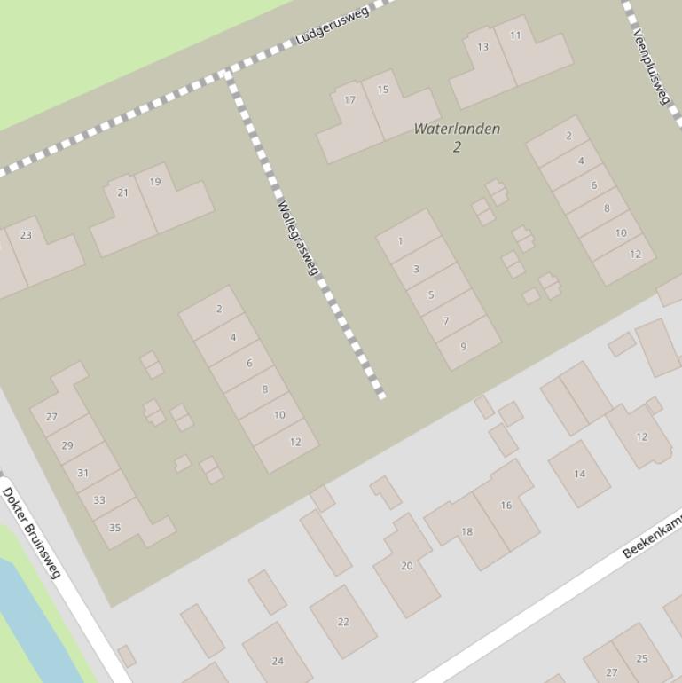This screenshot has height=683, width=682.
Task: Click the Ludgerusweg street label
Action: pyautogui.click(x=333, y=25)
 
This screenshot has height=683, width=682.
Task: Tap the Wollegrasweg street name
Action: pyautogui.click(x=297, y=238)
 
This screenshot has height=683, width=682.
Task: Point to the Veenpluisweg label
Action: pyautogui.click(x=651, y=66)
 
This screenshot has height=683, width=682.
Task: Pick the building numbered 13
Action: pyautogui.click(x=482, y=48)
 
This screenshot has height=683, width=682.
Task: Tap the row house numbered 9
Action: pyautogui.click(x=463, y=347)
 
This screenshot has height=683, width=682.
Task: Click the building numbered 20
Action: pyautogui.click(x=406, y=566)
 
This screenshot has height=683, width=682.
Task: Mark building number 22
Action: pyautogui.click(x=343, y=622)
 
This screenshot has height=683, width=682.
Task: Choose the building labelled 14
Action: pyautogui.click(x=579, y=474)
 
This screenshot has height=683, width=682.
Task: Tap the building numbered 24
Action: pyautogui.click(x=278, y=660)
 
